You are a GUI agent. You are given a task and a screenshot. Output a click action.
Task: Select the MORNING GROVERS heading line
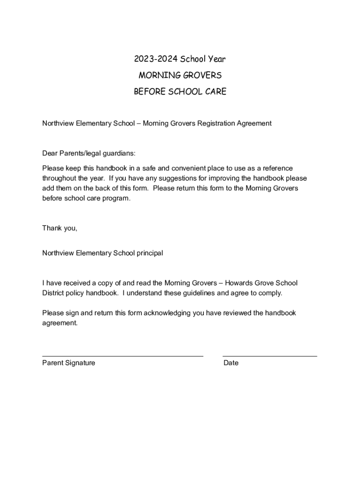[x=180, y=75]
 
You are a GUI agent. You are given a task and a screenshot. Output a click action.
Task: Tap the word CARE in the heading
[x=216, y=92]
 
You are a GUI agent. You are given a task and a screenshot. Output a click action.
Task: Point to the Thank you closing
[x=59, y=228]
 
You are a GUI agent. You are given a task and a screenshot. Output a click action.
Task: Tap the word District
[x=54, y=293]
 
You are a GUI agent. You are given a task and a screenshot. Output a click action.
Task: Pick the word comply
[x=270, y=293]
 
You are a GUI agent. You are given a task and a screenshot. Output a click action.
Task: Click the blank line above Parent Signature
[x=122, y=356]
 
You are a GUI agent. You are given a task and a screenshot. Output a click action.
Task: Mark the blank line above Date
[x=270, y=356]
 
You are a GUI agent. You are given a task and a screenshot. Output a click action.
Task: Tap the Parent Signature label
[x=69, y=363]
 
